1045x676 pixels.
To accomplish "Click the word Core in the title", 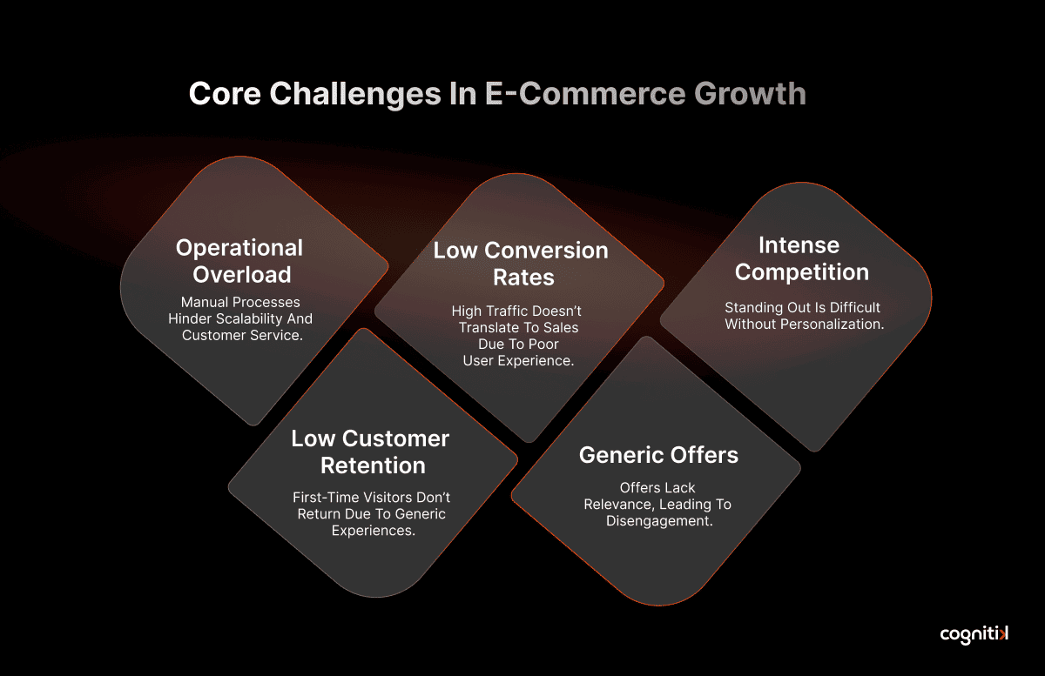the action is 225,94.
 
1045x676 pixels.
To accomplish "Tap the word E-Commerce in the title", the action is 585,94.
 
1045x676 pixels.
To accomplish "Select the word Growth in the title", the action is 750,94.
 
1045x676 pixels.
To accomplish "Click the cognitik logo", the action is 974,635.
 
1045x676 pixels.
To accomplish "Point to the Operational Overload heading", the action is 239,261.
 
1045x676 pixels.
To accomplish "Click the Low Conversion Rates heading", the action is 521,264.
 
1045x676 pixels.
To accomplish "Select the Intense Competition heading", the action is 801,258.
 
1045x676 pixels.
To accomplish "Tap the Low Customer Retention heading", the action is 371,452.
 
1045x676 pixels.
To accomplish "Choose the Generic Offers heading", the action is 658,455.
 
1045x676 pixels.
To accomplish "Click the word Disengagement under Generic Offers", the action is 659,521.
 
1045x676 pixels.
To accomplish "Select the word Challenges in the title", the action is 355,94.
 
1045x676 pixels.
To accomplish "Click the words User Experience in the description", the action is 518,361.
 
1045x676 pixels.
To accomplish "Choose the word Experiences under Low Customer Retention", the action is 374,531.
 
